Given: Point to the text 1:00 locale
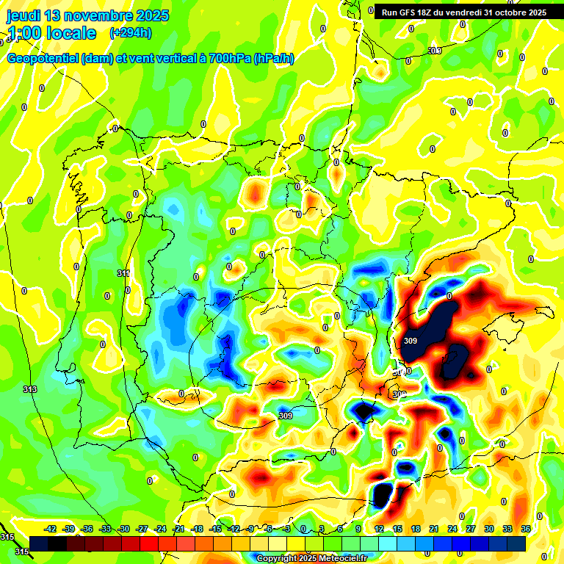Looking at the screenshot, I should pyautogui.click(x=51, y=33).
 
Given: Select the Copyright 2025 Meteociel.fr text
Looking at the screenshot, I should pyautogui.click(x=311, y=559).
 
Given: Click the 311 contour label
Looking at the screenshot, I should pyautogui.click(x=123, y=273).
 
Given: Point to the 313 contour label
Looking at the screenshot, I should pyautogui.click(x=29, y=389).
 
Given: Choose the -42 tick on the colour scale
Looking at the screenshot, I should pyautogui.click(x=51, y=529).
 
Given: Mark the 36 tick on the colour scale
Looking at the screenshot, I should pyautogui.click(x=526, y=529).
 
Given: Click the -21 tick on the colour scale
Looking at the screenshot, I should pyautogui.click(x=178, y=529).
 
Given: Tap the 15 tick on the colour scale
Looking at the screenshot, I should pyautogui.click(x=397, y=529).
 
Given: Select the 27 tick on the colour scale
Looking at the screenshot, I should pyautogui.click(x=471, y=529).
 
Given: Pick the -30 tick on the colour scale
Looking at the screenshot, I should pyautogui.click(x=123, y=529).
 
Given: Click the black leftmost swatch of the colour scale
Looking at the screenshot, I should pyautogui.click(x=39, y=543).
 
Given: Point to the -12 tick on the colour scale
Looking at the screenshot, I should pyautogui.click(x=234, y=529).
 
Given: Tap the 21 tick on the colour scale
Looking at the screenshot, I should pyautogui.click(x=434, y=529).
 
